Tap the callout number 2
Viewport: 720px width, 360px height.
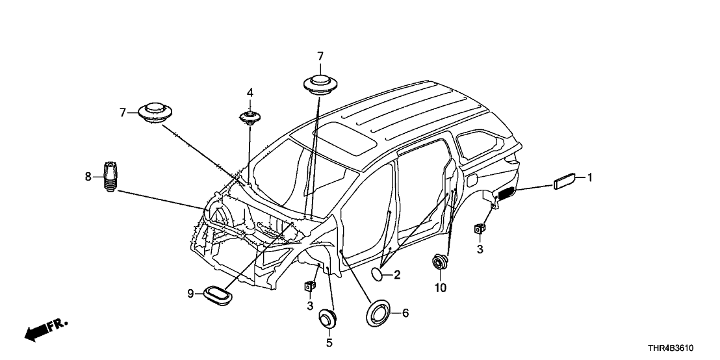coord(396,275)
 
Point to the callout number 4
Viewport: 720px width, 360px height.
coord(250,93)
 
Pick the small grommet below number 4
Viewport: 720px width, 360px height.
coord(250,118)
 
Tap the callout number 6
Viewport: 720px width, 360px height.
coord(405,313)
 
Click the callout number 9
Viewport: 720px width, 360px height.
coord(191,294)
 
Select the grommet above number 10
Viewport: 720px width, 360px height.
coord(440,263)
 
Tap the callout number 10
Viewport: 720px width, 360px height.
coord(441,287)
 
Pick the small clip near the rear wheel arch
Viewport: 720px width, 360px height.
coord(481,229)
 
